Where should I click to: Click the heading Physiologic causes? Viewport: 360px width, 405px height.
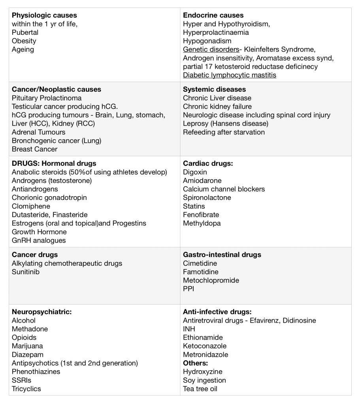click(x=44, y=15)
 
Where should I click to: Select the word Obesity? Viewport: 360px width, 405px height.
click(x=24, y=41)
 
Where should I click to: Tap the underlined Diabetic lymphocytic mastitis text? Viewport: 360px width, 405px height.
click(x=230, y=75)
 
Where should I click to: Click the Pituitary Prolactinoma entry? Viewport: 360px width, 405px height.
click(x=47, y=98)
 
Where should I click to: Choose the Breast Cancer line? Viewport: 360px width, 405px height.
click(x=34, y=149)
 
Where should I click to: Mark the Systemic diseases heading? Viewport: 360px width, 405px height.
click(x=214, y=89)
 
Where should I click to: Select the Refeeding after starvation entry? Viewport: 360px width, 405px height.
click(x=224, y=132)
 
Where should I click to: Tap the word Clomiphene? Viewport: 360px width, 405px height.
click(x=31, y=206)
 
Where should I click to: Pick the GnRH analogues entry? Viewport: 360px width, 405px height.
click(x=39, y=240)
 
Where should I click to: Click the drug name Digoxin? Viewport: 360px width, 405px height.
click(x=195, y=172)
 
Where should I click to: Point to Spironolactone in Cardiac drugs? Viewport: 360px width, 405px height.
click(x=207, y=197)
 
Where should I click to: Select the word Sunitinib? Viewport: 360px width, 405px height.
click(x=26, y=272)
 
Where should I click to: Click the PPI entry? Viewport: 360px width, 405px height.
click(x=188, y=289)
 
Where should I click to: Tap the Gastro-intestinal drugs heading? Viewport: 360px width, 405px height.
click(x=222, y=255)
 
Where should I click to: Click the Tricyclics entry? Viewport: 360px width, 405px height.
click(x=26, y=389)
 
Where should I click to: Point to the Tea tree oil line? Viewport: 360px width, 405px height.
click(x=200, y=389)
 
